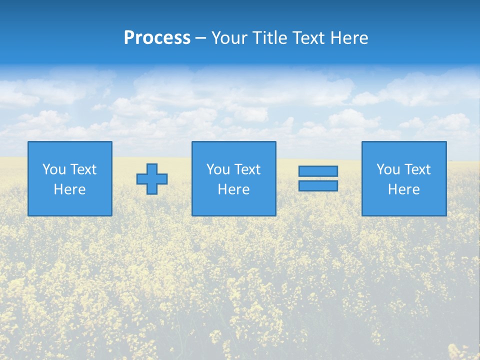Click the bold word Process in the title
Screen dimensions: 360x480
click(x=157, y=38)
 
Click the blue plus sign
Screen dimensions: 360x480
click(x=152, y=179)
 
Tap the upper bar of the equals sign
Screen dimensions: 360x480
click(x=318, y=171)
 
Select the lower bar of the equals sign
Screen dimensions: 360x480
click(x=318, y=185)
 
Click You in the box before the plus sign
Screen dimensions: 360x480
click(x=54, y=169)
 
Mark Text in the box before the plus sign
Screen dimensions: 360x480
click(x=83, y=169)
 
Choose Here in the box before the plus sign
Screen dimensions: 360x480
click(x=69, y=189)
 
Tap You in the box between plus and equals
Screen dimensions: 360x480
click(x=218, y=169)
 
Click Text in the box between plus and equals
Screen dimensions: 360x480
click(x=247, y=169)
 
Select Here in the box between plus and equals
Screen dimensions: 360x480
click(x=233, y=189)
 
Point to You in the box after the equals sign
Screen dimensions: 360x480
click(x=388, y=169)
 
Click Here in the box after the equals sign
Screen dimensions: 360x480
click(x=403, y=189)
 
